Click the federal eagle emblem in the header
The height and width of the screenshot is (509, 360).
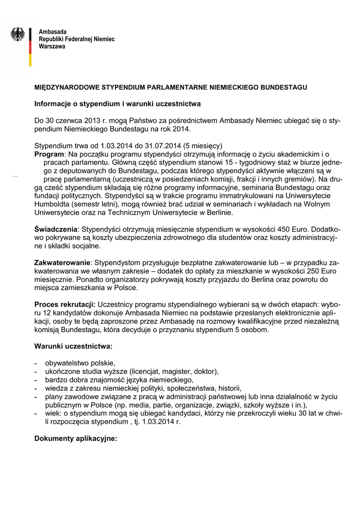[x=18, y=34]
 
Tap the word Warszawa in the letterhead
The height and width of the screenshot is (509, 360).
[x=52, y=46]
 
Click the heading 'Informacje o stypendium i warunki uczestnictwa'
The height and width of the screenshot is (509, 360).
[x=117, y=104]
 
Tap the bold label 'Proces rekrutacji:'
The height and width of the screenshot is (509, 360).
[x=65, y=303]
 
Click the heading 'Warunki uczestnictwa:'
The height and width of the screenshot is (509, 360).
[x=73, y=345]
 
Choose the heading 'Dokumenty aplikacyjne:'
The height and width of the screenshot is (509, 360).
[x=75, y=439]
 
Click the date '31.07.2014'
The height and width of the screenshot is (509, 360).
[x=146, y=146]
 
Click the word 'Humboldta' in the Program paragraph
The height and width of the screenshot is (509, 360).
[x=53, y=204]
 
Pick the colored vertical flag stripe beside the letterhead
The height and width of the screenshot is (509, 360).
[x=31, y=45]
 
